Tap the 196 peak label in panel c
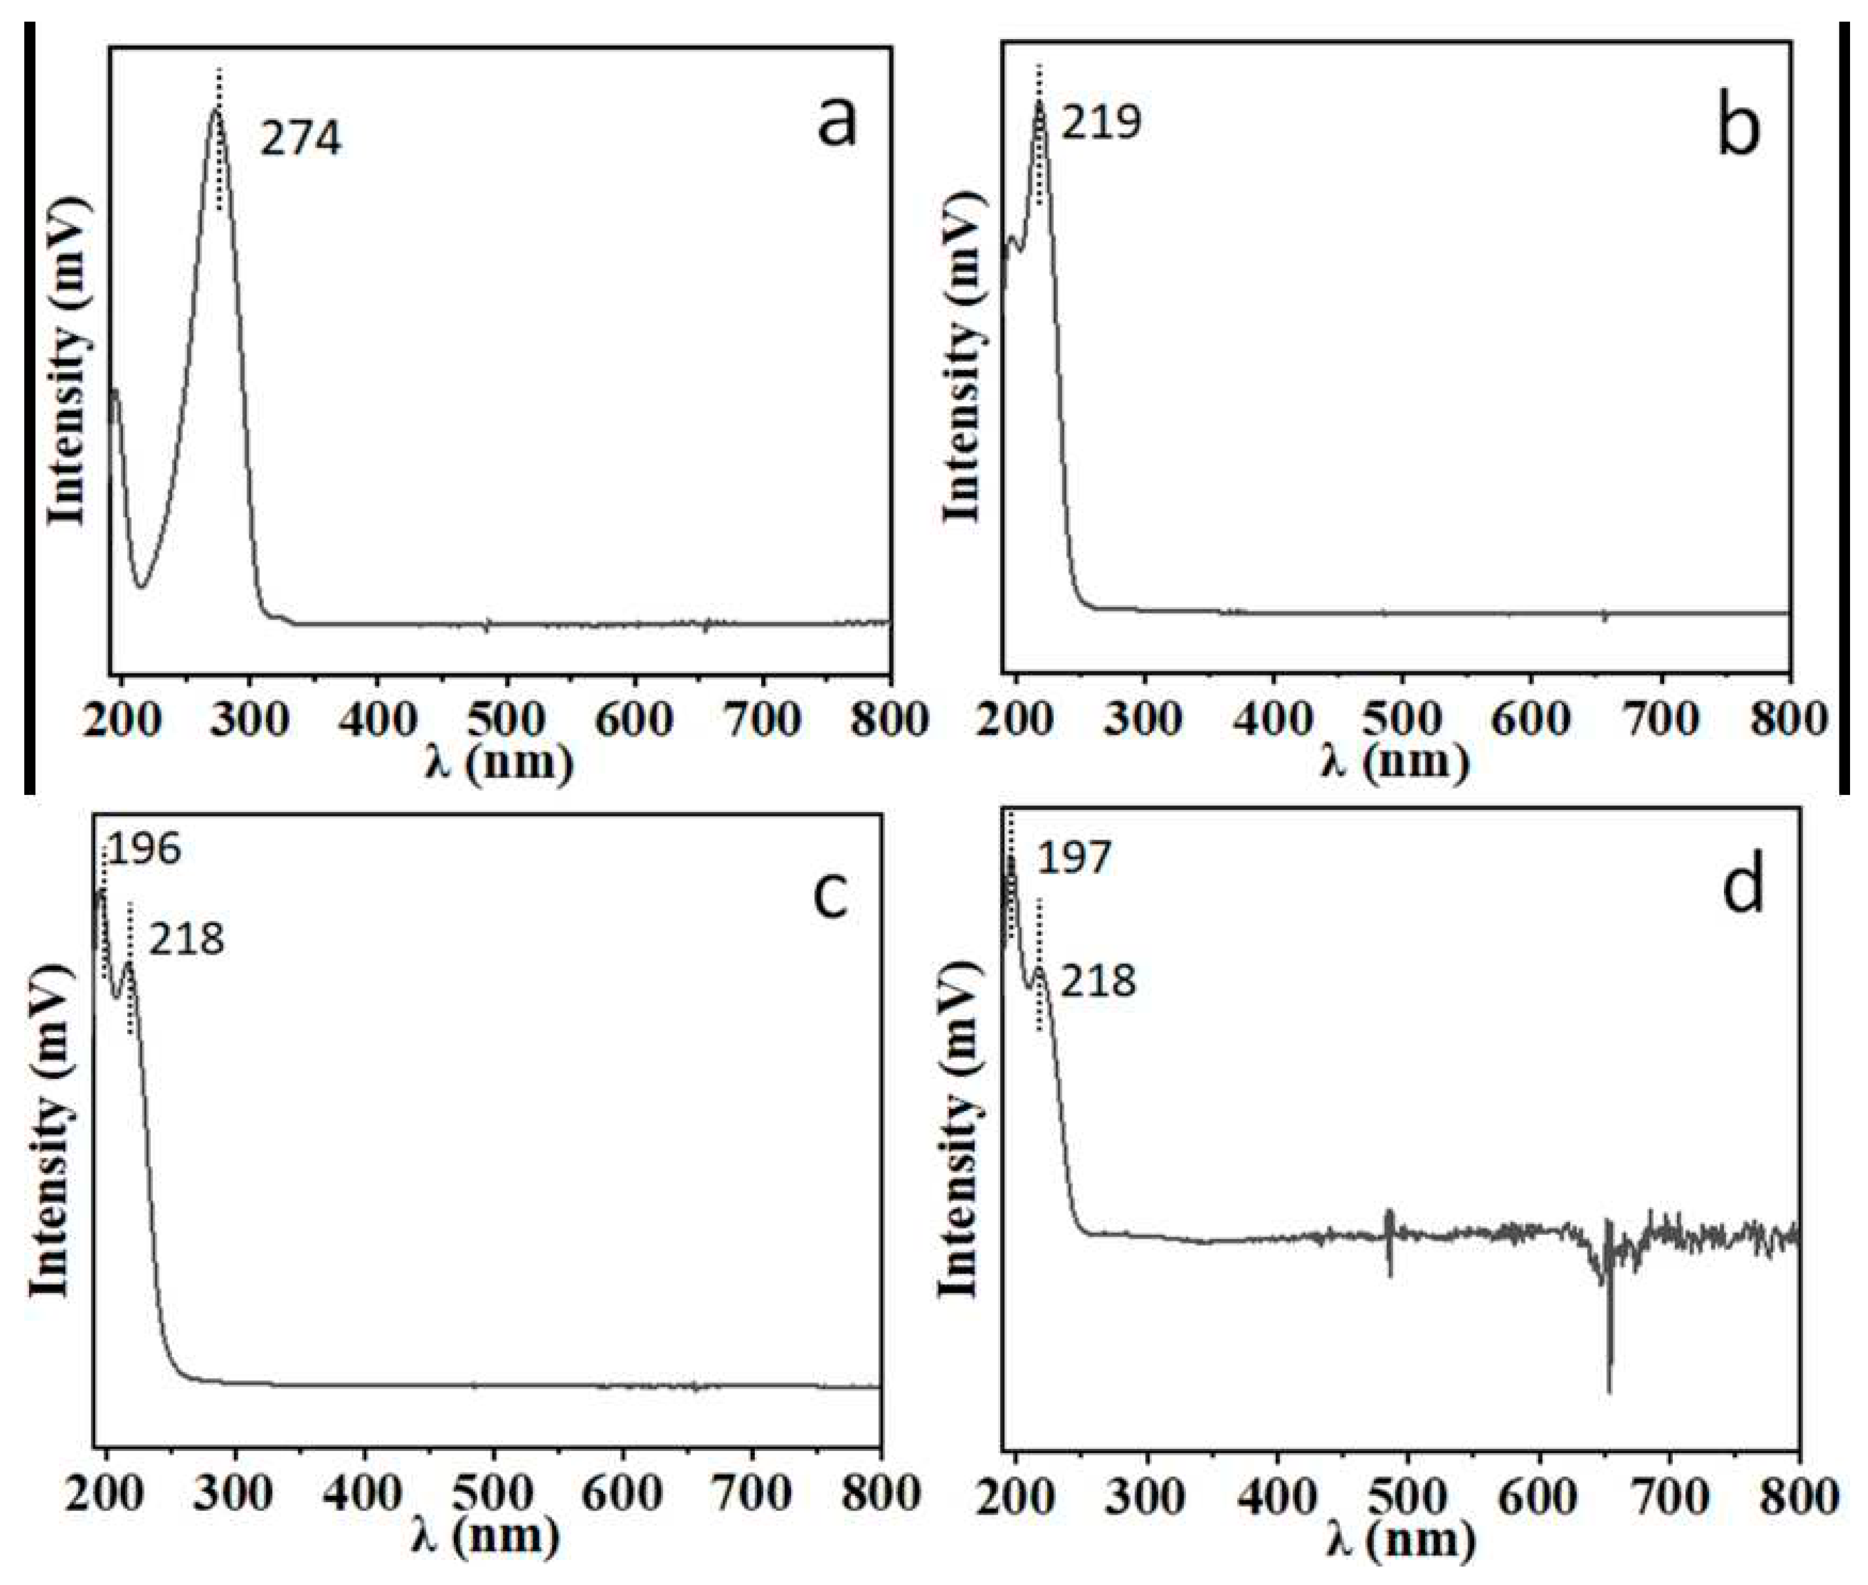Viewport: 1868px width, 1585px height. click(x=144, y=849)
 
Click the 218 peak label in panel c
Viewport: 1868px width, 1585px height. click(x=186, y=941)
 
